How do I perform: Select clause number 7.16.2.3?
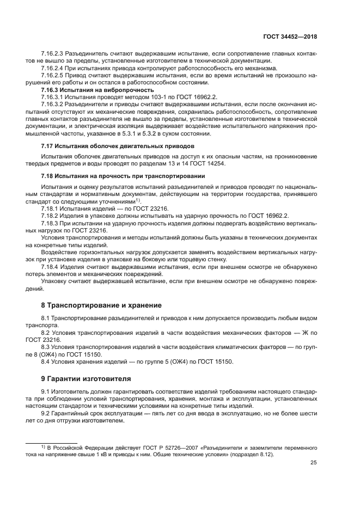click(53, 54)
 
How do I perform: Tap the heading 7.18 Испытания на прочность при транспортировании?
click(123, 177)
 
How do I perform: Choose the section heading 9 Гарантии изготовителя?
click(86, 378)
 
